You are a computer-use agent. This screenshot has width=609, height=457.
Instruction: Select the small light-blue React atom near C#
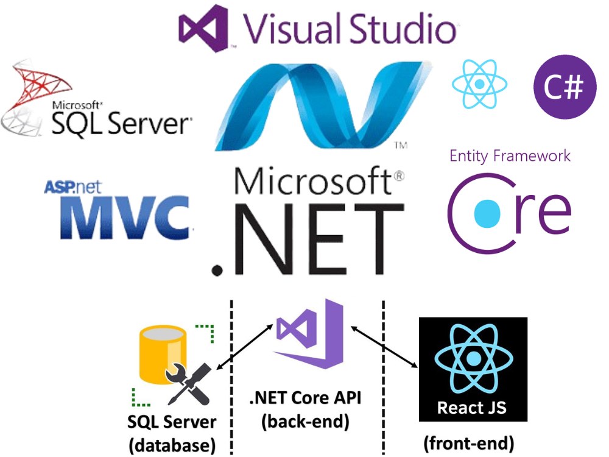[x=480, y=83]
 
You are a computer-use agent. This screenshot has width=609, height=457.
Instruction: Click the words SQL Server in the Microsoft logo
[x=121, y=124]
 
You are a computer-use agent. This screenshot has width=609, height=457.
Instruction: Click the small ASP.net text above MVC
[x=66, y=186]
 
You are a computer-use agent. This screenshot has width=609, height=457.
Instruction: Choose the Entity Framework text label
[x=510, y=155]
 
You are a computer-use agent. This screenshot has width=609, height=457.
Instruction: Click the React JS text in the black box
[x=473, y=406]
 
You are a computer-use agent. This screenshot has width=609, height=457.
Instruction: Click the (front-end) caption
[x=468, y=442]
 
